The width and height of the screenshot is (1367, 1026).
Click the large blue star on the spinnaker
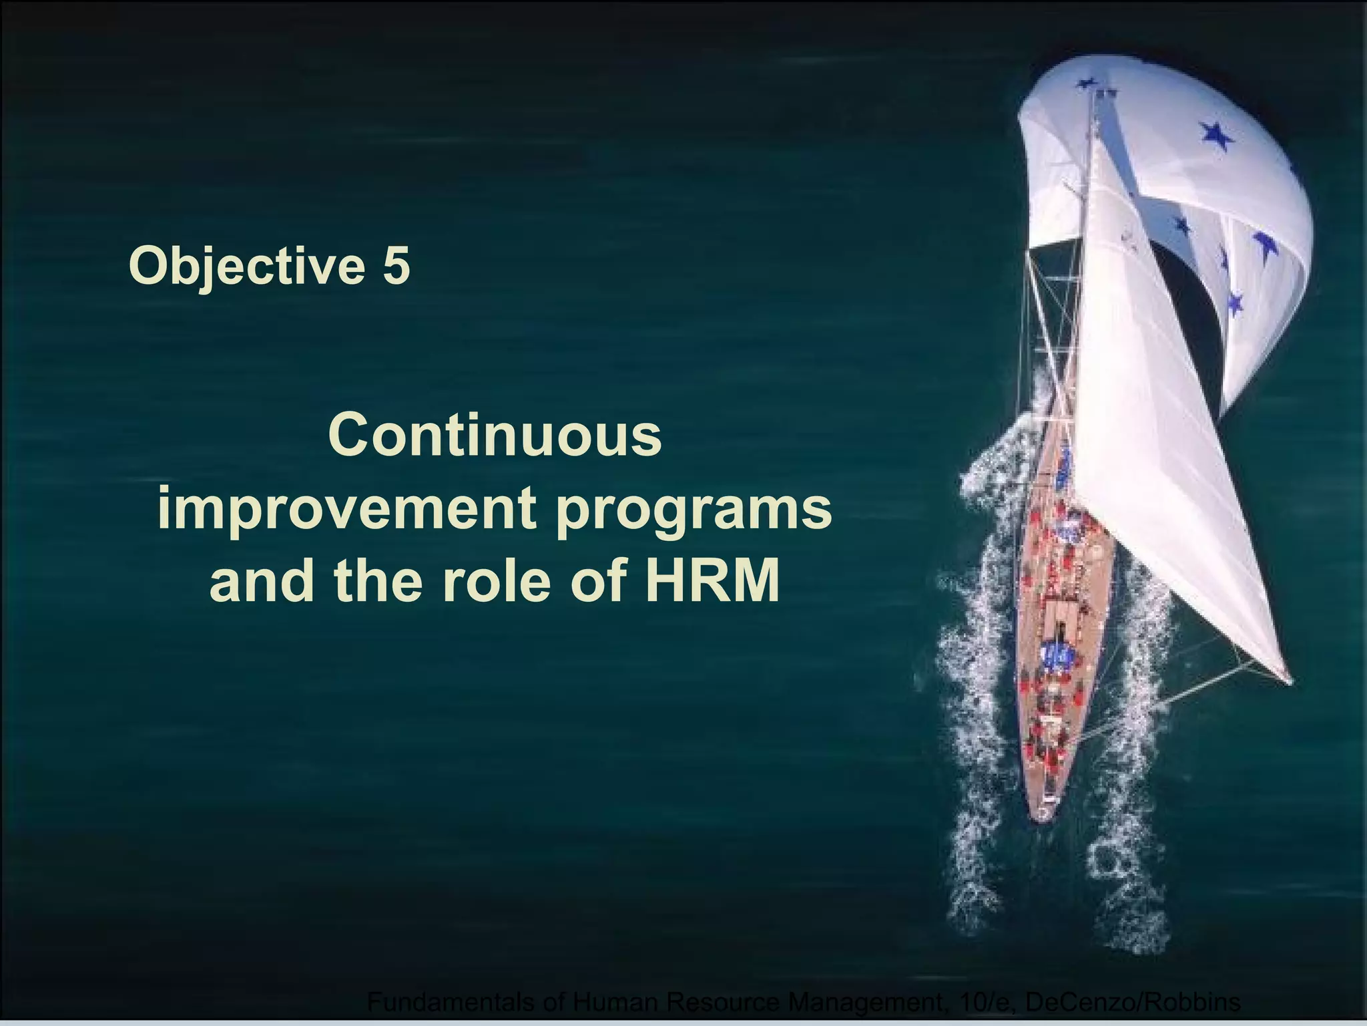click(x=1215, y=136)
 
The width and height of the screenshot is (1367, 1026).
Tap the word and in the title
click(x=262, y=581)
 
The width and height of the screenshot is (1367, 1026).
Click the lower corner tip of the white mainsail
click(x=1289, y=681)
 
